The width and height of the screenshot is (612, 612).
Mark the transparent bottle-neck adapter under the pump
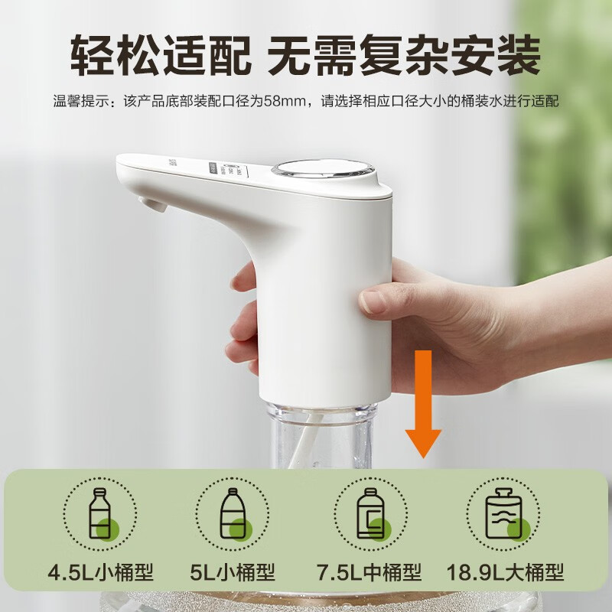[321, 432]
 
